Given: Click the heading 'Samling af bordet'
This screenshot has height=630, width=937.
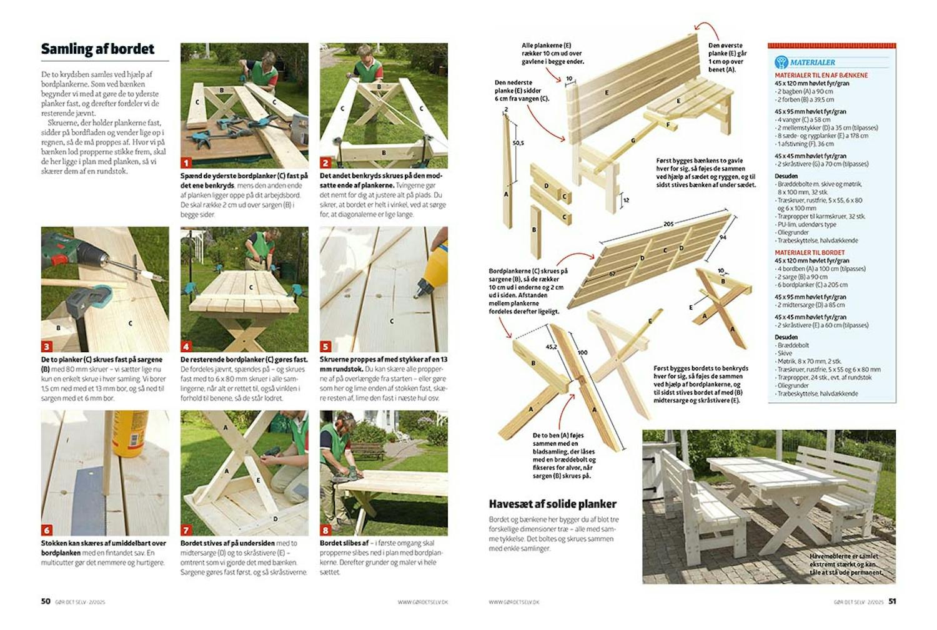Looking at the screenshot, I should pos(97,49).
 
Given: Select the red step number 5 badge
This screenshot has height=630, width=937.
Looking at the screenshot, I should pos(325,346).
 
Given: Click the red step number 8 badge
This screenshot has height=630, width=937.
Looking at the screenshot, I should pos(325,529).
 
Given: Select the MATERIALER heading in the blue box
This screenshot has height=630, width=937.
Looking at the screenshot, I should pos(812,62).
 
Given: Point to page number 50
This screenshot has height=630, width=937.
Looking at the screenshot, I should pos(46,601).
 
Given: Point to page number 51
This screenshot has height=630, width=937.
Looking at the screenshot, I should pos(892,601).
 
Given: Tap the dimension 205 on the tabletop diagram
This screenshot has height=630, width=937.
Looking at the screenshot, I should pos(668,224).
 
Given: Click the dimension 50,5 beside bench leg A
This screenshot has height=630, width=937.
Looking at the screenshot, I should pos(518,143).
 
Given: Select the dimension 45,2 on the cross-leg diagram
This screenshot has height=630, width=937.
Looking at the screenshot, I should pos(552,347).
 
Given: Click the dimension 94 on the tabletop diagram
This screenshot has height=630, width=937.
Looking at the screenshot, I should pos(723,237).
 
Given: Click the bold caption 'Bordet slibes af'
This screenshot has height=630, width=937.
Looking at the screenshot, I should pos(344,543).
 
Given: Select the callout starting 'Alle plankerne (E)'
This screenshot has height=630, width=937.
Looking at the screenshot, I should pos(552,54).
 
